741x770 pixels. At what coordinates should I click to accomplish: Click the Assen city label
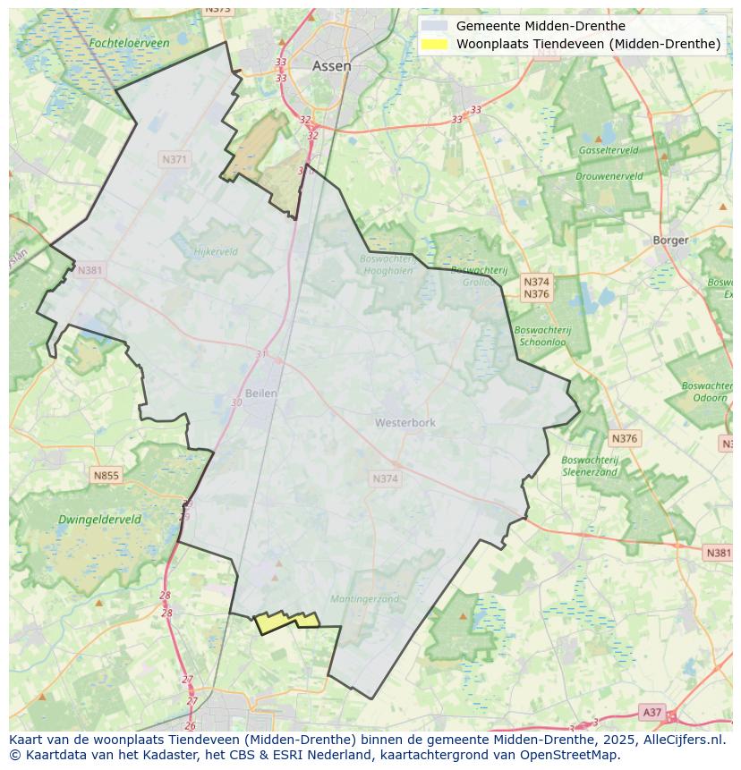tap(331, 66)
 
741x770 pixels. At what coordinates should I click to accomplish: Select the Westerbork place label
tap(405, 422)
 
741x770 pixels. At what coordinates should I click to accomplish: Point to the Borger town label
tap(670, 240)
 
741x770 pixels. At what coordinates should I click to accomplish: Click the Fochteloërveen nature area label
tap(130, 43)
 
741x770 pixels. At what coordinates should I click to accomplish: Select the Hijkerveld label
tap(216, 252)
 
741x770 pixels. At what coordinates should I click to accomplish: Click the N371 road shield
tap(175, 159)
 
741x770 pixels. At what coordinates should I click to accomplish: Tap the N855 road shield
tap(106, 476)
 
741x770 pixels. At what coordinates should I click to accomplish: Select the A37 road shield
tap(652, 712)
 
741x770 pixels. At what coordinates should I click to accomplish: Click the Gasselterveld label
tap(609, 150)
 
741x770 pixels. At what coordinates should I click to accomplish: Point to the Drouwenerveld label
tap(609, 176)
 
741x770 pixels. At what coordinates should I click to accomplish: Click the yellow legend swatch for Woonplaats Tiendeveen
tap(436, 44)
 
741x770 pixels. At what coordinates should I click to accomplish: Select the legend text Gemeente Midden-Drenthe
tap(541, 26)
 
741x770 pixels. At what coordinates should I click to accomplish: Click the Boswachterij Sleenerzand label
tap(589, 465)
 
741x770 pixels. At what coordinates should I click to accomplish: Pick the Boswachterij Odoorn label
tap(707, 392)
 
